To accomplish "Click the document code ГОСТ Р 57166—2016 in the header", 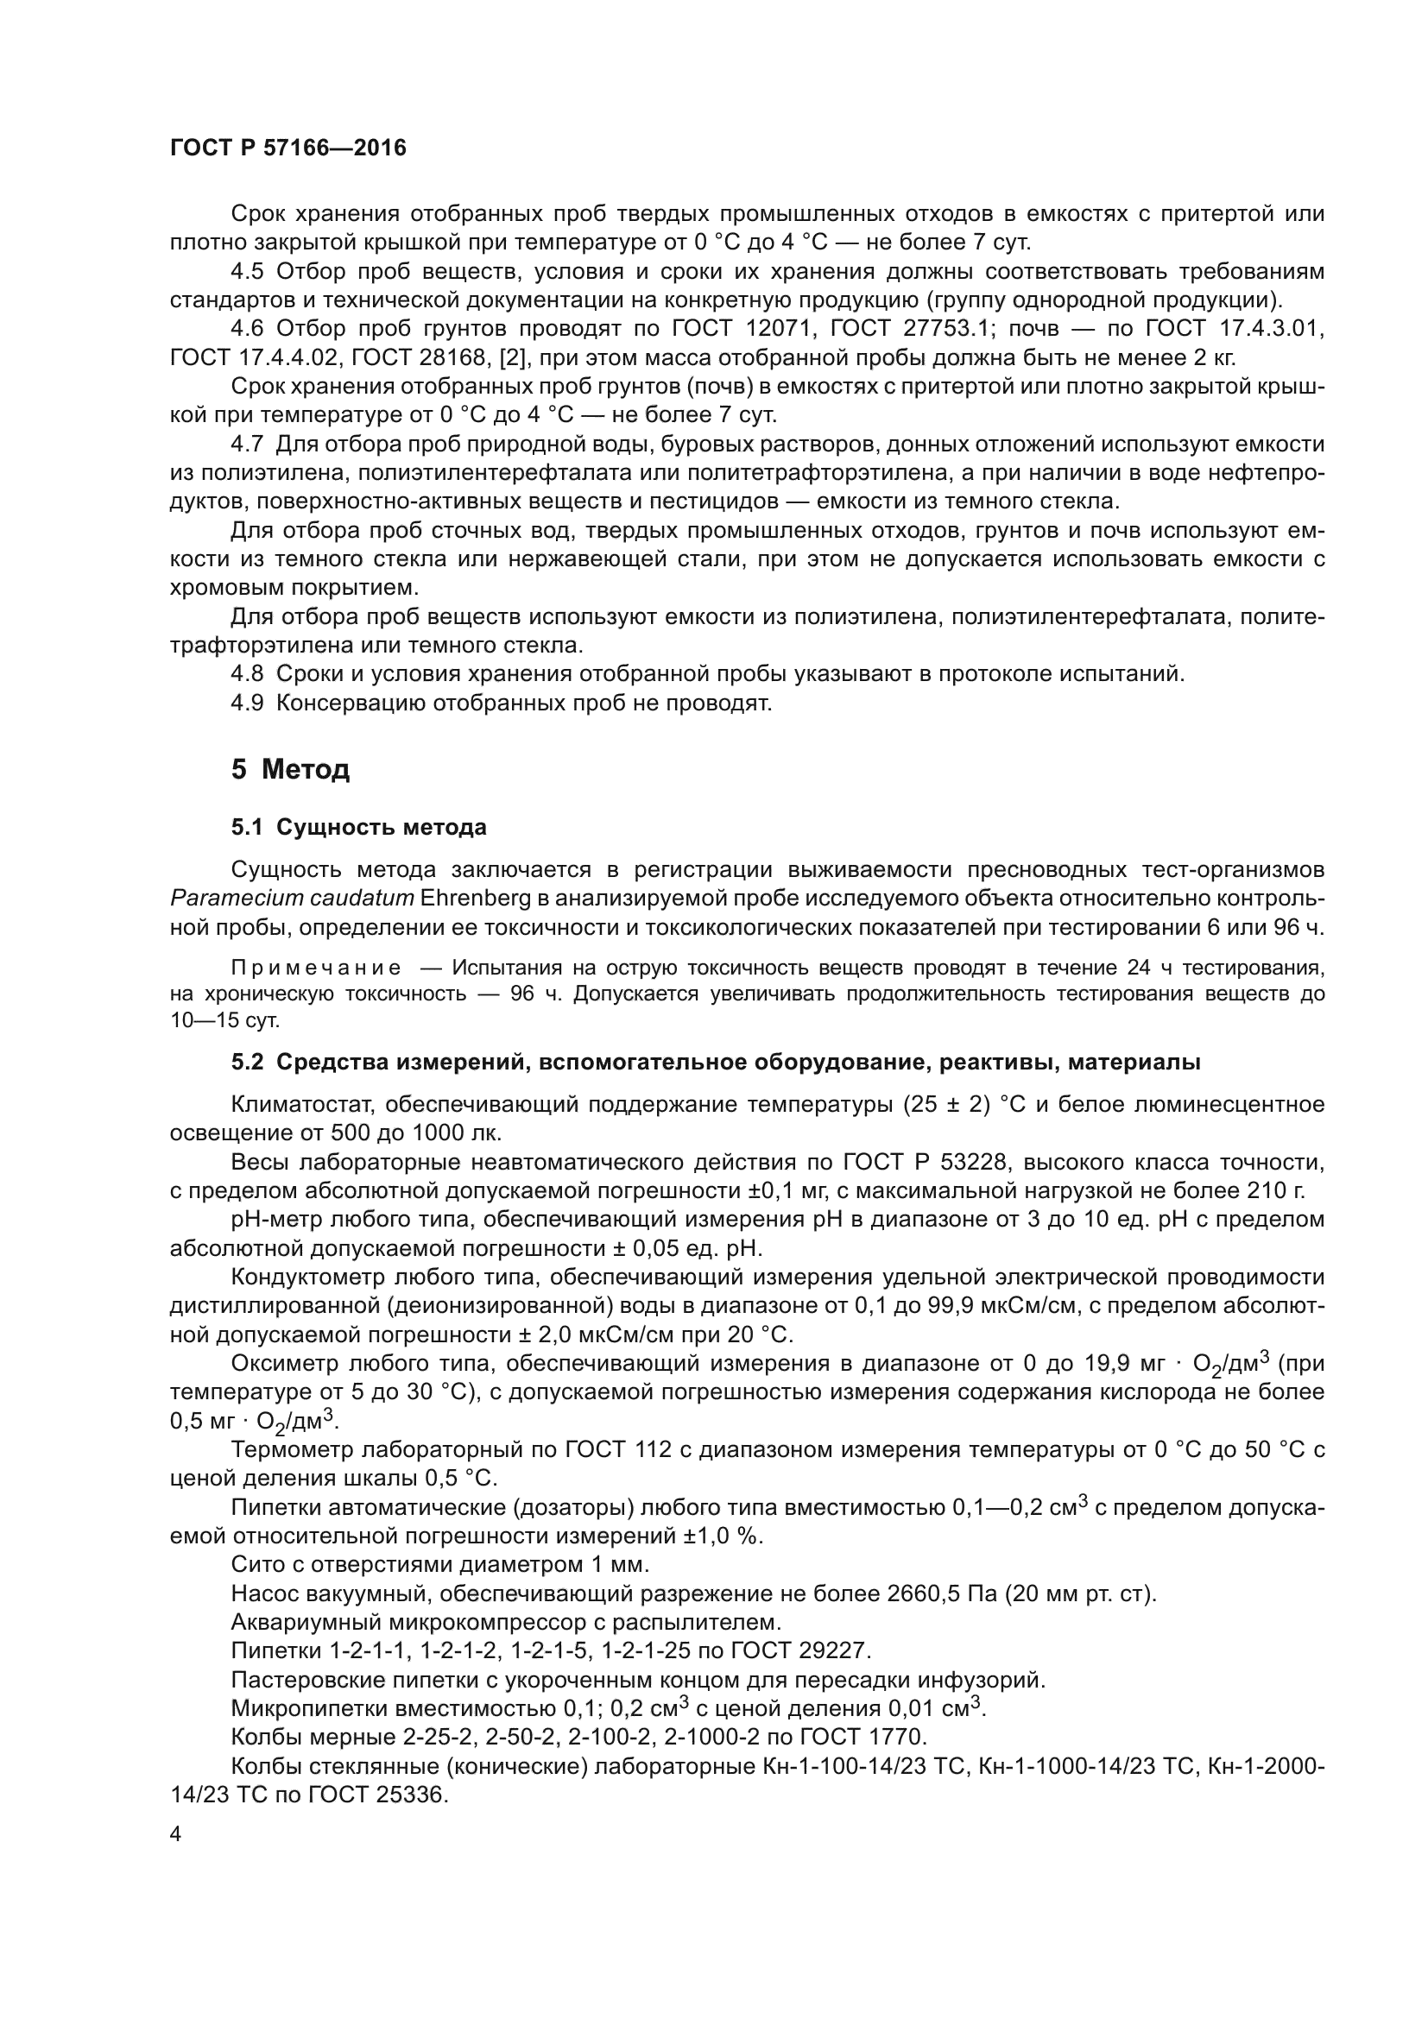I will coord(287,148).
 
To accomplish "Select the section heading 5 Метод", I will coord(290,769).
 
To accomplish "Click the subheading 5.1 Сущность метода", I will coord(359,828).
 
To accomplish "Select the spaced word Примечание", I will coord(316,968).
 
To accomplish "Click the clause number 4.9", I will coord(247,703).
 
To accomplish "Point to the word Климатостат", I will coord(301,1105).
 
